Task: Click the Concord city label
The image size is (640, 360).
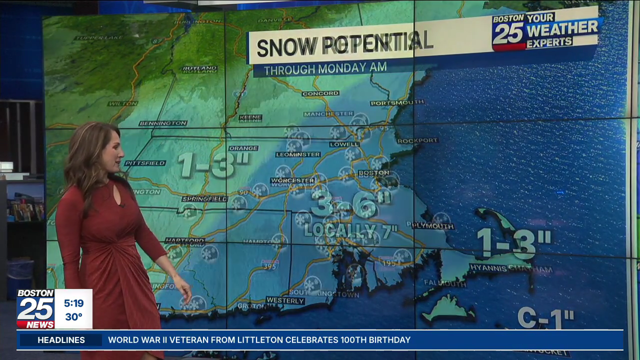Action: tap(320, 93)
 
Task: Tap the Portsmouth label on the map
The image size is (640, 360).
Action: tap(397, 102)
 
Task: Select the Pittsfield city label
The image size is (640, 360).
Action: tap(145, 163)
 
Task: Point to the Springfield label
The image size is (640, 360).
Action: tap(204, 199)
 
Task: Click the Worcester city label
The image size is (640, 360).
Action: tap(292, 180)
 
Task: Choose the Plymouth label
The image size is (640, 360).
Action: tap(433, 226)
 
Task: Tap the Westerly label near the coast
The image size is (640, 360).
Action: tap(285, 300)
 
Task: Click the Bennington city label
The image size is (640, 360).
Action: tap(163, 123)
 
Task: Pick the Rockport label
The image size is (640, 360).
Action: tap(417, 140)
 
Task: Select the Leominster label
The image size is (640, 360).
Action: tap(298, 154)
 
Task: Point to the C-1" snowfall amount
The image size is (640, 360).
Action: tap(545, 318)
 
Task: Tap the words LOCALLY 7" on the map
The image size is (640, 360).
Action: tap(350, 230)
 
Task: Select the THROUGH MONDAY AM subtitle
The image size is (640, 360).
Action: tap(325, 68)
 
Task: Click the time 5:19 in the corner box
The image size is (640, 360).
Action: tap(73, 303)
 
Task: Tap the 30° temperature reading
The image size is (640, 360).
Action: tap(73, 316)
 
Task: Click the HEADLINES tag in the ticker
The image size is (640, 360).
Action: tap(61, 340)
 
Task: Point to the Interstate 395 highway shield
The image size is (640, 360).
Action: tap(270, 264)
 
